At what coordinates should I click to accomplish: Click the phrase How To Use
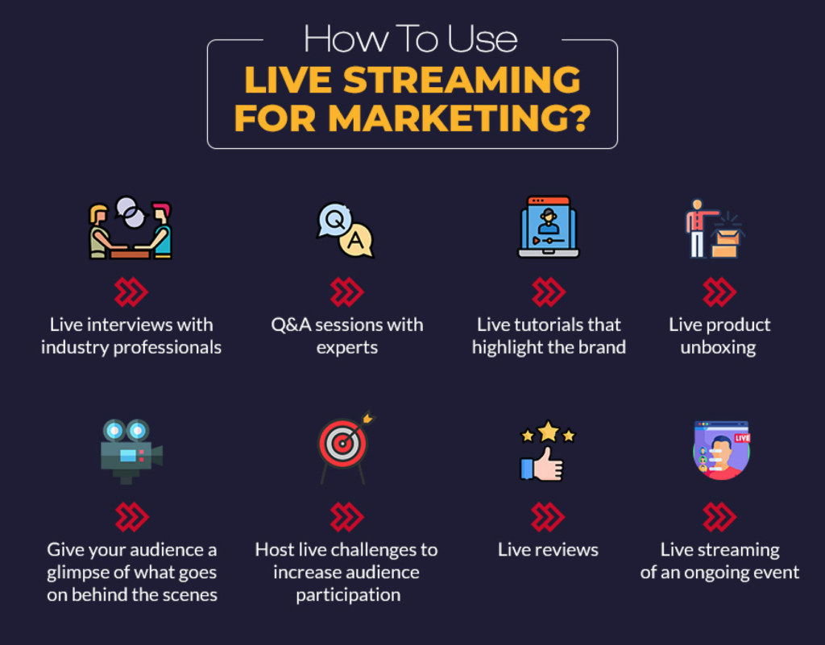pyautogui.click(x=410, y=38)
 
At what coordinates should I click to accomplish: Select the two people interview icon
pyautogui.click(x=131, y=229)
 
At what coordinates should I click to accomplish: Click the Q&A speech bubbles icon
pyautogui.click(x=346, y=229)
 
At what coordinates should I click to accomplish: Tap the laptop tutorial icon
pyautogui.click(x=548, y=227)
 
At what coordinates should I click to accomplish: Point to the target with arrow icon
pyautogui.click(x=345, y=447)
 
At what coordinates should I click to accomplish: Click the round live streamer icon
pyautogui.click(x=721, y=449)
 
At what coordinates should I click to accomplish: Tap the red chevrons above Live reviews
pyautogui.click(x=548, y=516)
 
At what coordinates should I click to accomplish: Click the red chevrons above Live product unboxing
pyautogui.click(x=719, y=292)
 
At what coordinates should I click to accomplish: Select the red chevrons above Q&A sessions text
pyautogui.click(x=346, y=292)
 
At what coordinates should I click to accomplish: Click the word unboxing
pyautogui.click(x=719, y=348)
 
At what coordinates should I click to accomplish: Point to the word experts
pyautogui.click(x=346, y=348)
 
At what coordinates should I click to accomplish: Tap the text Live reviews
pyautogui.click(x=548, y=550)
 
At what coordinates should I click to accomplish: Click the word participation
pyautogui.click(x=347, y=595)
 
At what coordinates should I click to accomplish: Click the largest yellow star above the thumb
pyautogui.click(x=548, y=431)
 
